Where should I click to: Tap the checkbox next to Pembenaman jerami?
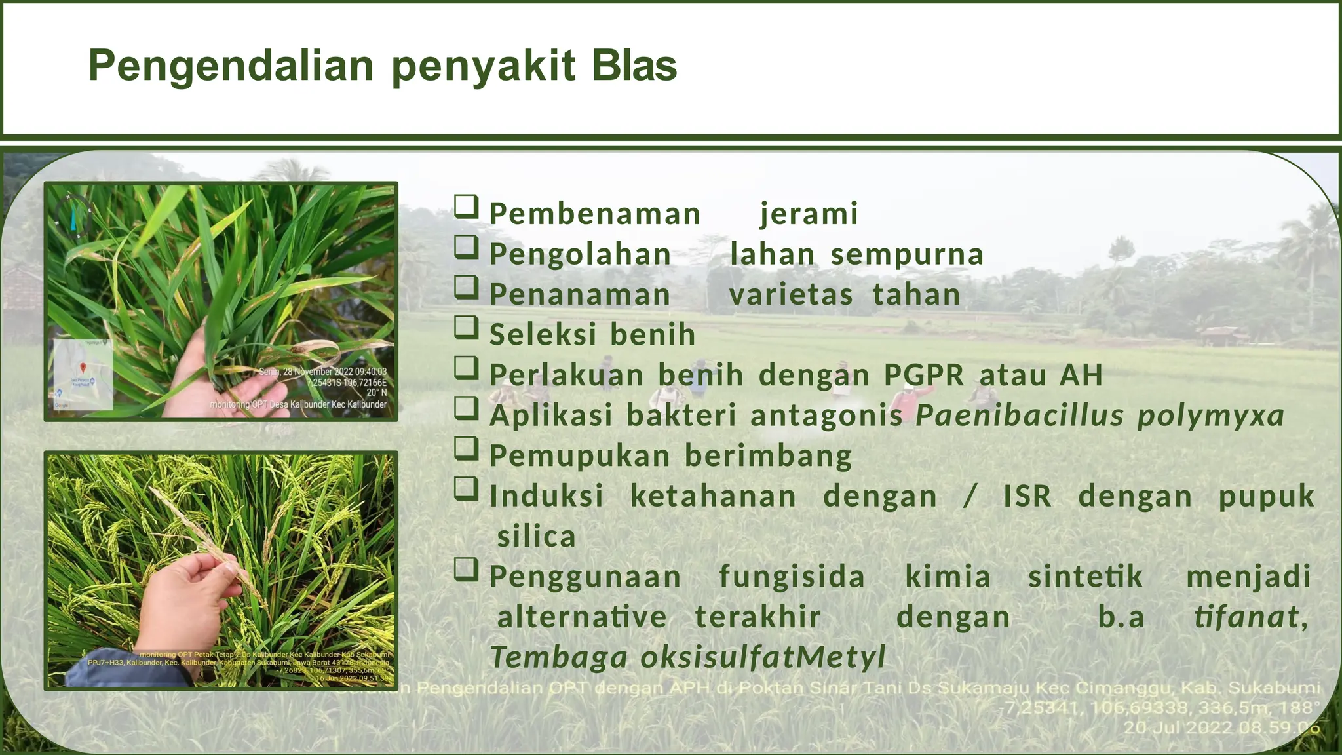467,206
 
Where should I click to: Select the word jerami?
809,214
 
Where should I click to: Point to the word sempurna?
907,254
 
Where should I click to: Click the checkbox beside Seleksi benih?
467,327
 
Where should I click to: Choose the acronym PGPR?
924,375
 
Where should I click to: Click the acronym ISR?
1027,495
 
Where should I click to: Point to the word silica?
537,537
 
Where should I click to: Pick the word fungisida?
792,577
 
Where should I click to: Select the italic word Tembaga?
559,657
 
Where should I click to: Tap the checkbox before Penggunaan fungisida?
467,570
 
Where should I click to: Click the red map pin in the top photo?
83,368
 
